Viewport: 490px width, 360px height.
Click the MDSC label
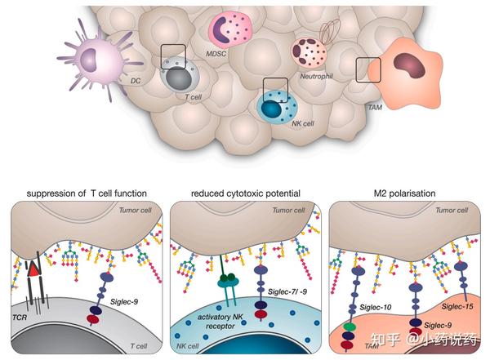(x=216, y=54)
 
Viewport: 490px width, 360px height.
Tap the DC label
(x=136, y=81)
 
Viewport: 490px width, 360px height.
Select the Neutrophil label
(x=316, y=76)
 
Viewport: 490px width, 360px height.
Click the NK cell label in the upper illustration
(x=303, y=123)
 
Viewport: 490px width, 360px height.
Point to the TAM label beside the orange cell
(x=375, y=108)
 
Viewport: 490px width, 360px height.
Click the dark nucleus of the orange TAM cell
(x=409, y=65)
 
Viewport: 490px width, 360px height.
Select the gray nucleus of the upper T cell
(x=178, y=80)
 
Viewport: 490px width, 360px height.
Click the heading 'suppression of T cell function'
(x=87, y=193)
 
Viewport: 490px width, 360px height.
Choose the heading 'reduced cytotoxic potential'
(x=246, y=193)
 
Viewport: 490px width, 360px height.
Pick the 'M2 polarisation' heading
(x=405, y=193)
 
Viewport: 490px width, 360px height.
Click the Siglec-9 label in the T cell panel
(x=124, y=302)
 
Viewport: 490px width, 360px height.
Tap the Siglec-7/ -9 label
(x=287, y=291)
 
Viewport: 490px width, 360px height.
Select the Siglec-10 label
(x=376, y=307)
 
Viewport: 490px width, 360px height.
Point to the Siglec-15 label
(x=457, y=306)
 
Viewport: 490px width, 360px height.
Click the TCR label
(x=20, y=318)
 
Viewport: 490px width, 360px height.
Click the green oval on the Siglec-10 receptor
(x=350, y=327)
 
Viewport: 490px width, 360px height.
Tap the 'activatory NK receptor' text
(x=220, y=322)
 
